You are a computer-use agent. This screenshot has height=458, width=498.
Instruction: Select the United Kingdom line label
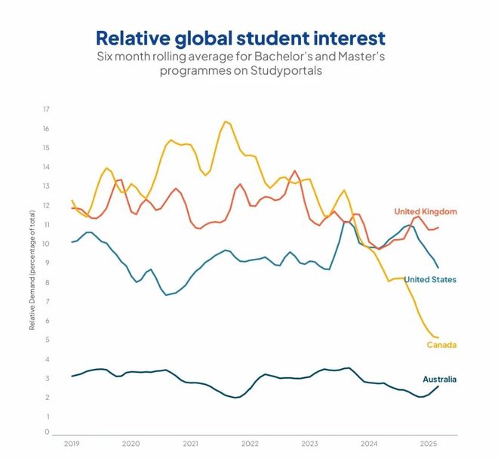point(426,211)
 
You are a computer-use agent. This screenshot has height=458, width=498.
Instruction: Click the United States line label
point(430,279)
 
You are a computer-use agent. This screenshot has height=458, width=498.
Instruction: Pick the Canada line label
point(441,345)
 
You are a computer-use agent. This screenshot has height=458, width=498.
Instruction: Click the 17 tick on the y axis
point(46,109)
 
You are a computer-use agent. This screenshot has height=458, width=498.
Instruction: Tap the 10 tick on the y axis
point(46,244)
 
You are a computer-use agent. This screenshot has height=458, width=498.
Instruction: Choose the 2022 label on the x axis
point(251,444)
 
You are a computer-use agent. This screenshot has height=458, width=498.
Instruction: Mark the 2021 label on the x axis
point(191,444)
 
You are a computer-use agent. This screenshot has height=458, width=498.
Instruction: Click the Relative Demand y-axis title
point(32,272)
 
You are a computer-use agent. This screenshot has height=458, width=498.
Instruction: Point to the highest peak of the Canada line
point(225,121)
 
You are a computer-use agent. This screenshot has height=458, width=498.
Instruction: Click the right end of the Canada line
point(438,337)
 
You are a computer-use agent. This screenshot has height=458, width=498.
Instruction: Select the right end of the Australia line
point(438,386)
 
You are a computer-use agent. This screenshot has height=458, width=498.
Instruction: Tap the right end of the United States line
point(438,267)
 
